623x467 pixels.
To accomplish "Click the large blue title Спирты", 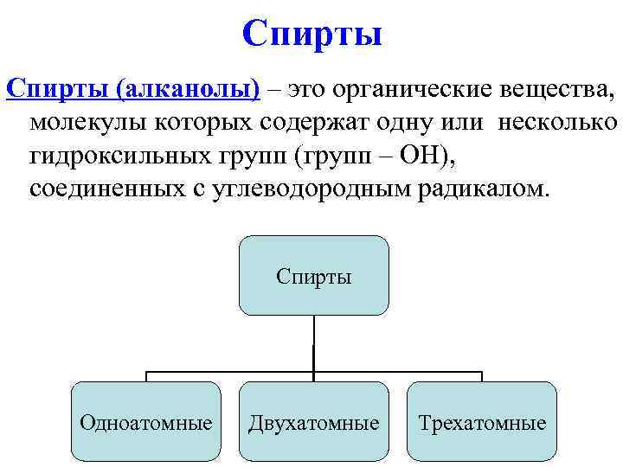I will point(312,35).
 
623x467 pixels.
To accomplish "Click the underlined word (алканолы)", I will point(187,89).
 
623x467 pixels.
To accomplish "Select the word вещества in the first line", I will point(548,89).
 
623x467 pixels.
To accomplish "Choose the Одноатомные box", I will point(145,422).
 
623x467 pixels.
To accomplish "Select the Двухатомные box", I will point(313,422).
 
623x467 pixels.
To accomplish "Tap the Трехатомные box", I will point(482,422).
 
